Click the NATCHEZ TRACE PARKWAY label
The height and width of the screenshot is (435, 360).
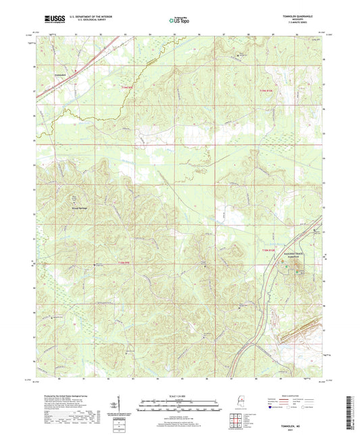(x=292, y=255)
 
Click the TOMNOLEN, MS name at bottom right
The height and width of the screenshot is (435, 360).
(x=306, y=424)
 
